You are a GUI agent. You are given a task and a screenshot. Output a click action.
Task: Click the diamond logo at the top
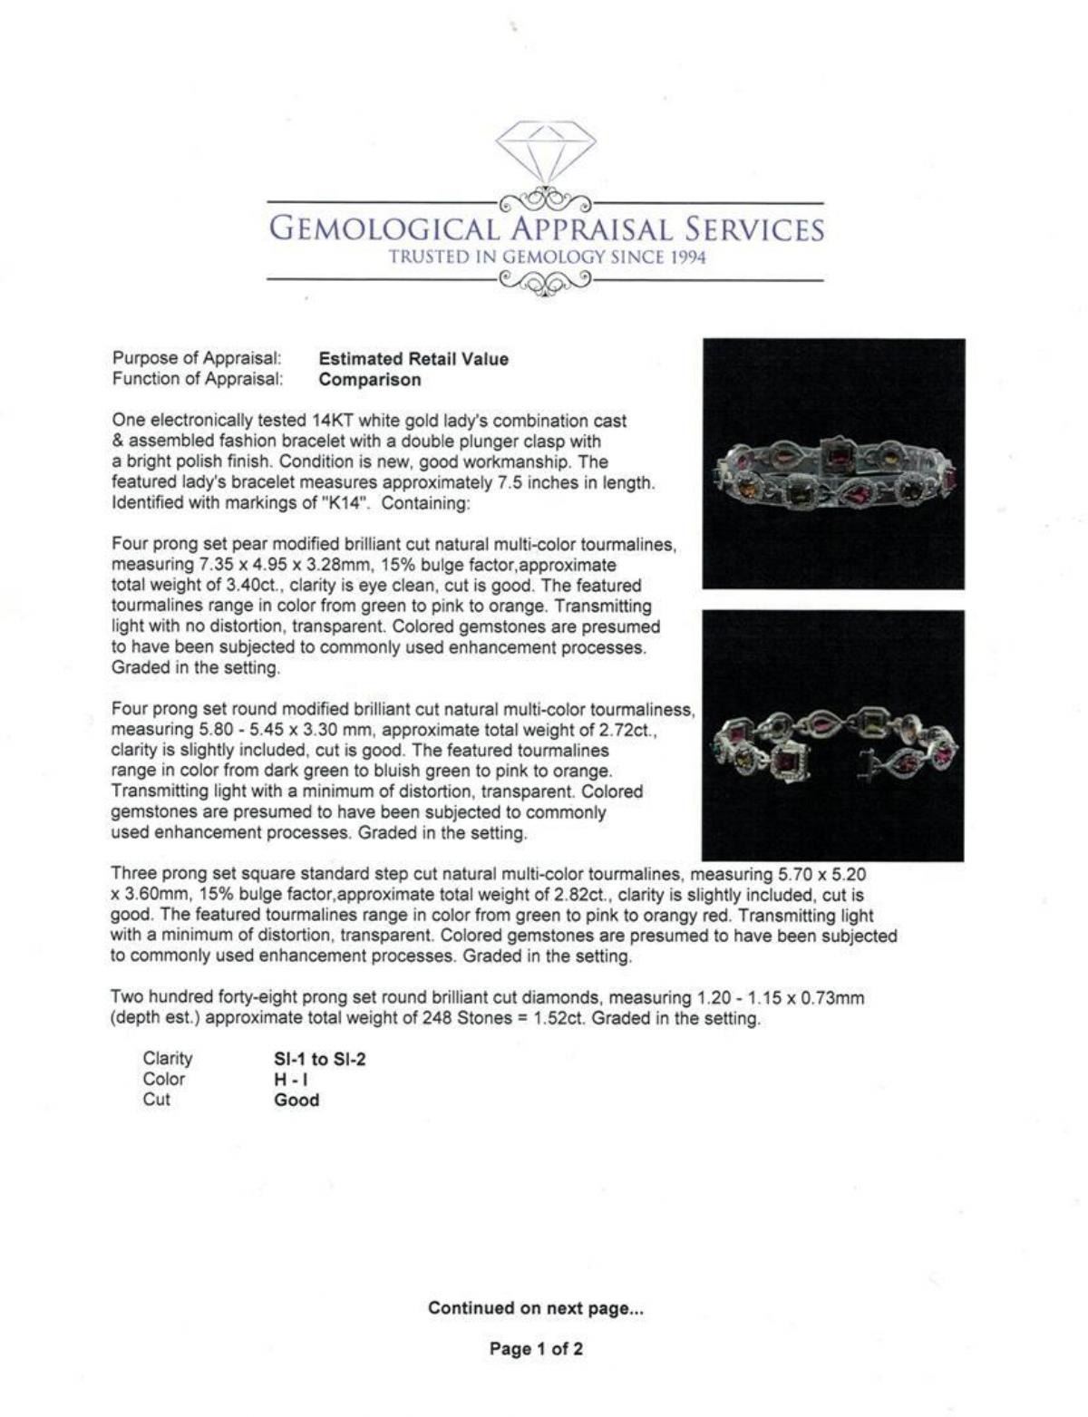click(x=545, y=151)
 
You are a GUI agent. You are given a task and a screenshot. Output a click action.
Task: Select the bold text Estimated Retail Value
click(x=413, y=359)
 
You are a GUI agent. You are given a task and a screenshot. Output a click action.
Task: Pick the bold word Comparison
click(x=370, y=380)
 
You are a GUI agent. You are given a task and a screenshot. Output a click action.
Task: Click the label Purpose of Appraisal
click(x=196, y=359)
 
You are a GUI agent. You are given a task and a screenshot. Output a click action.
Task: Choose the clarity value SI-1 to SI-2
click(x=320, y=1059)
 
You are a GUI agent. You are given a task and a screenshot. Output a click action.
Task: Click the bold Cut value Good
click(x=296, y=1101)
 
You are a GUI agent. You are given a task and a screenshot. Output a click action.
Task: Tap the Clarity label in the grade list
click(x=168, y=1059)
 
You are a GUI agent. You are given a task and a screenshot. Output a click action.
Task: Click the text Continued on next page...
click(x=536, y=1308)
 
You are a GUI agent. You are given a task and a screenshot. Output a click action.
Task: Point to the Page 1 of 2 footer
click(x=536, y=1349)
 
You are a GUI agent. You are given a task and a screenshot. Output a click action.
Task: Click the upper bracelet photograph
click(x=833, y=463)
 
